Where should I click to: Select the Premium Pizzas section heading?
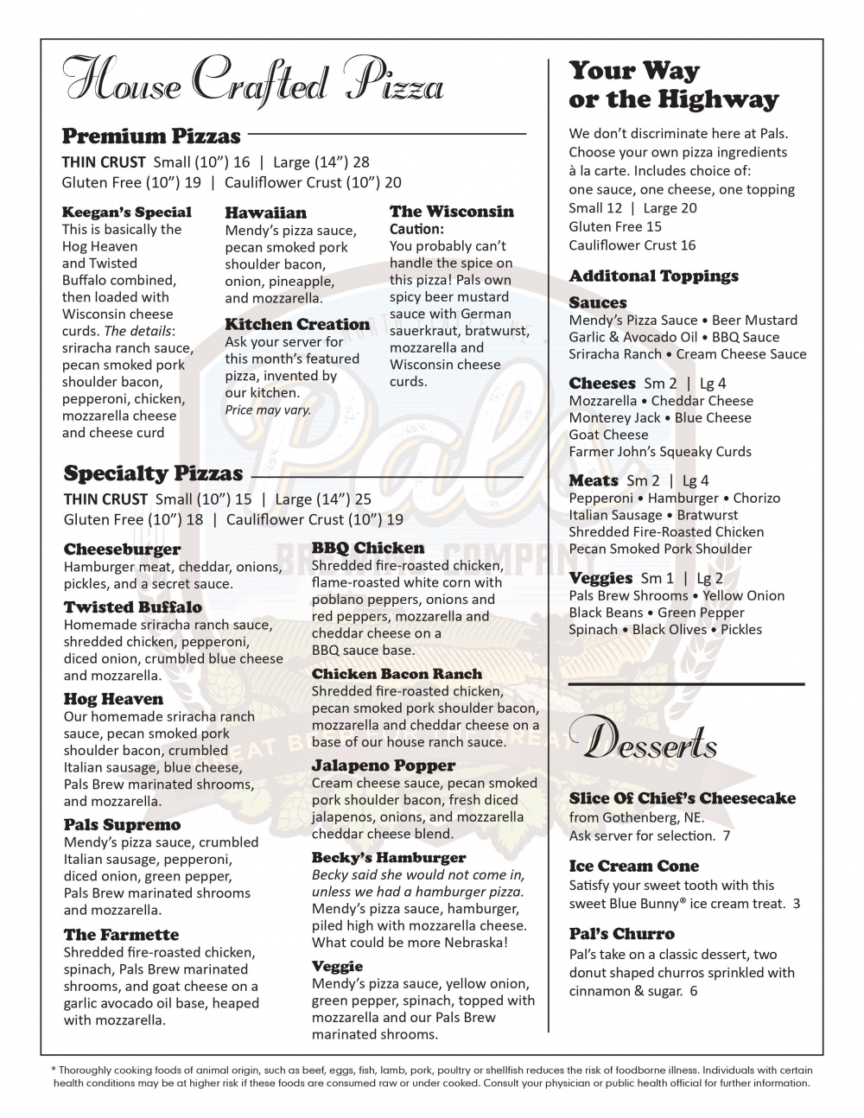click(151, 137)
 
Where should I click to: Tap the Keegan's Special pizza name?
click(127, 212)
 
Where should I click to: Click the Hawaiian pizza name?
click(265, 213)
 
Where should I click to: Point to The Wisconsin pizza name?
click(451, 212)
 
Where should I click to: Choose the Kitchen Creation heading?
click(297, 324)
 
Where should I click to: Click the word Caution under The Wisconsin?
click(416, 229)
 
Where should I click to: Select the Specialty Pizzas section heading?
click(153, 473)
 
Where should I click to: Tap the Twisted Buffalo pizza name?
click(132, 607)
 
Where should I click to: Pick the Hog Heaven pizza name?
click(113, 699)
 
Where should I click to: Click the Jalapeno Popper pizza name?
click(383, 765)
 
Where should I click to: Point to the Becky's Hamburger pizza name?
click(388, 857)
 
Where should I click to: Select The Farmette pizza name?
click(121, 935)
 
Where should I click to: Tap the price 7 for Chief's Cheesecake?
click(727, 835)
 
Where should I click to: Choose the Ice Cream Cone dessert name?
click(633, 866)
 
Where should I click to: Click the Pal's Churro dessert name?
click(621, 934)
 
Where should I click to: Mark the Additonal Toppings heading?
click(653, 276)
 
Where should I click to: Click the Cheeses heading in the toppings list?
click(601, 383)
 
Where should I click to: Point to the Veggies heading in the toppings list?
click(600, 578)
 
